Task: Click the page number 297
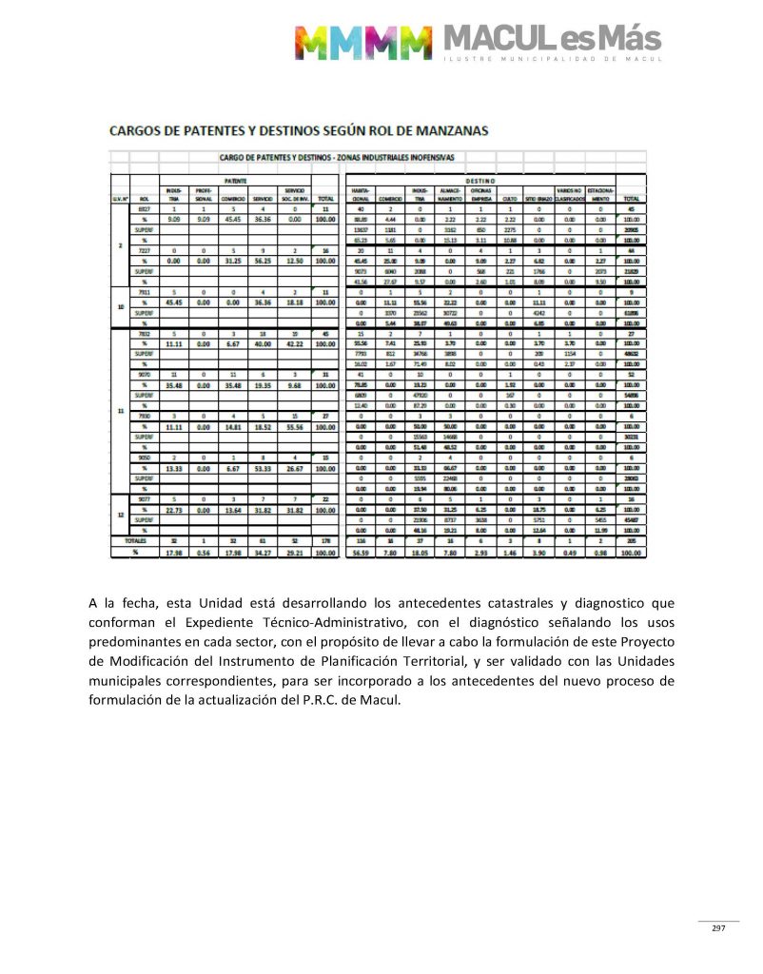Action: (x=718, y=928)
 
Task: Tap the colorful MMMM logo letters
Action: (x=362, y=42)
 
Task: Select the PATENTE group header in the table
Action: (x=236, y=178)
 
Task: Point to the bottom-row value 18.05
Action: (x=415, y=553)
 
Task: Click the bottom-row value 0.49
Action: (x=568, y=553)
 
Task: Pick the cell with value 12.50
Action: (x=293, y=262)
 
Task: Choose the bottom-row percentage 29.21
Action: (x=293, y=553)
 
